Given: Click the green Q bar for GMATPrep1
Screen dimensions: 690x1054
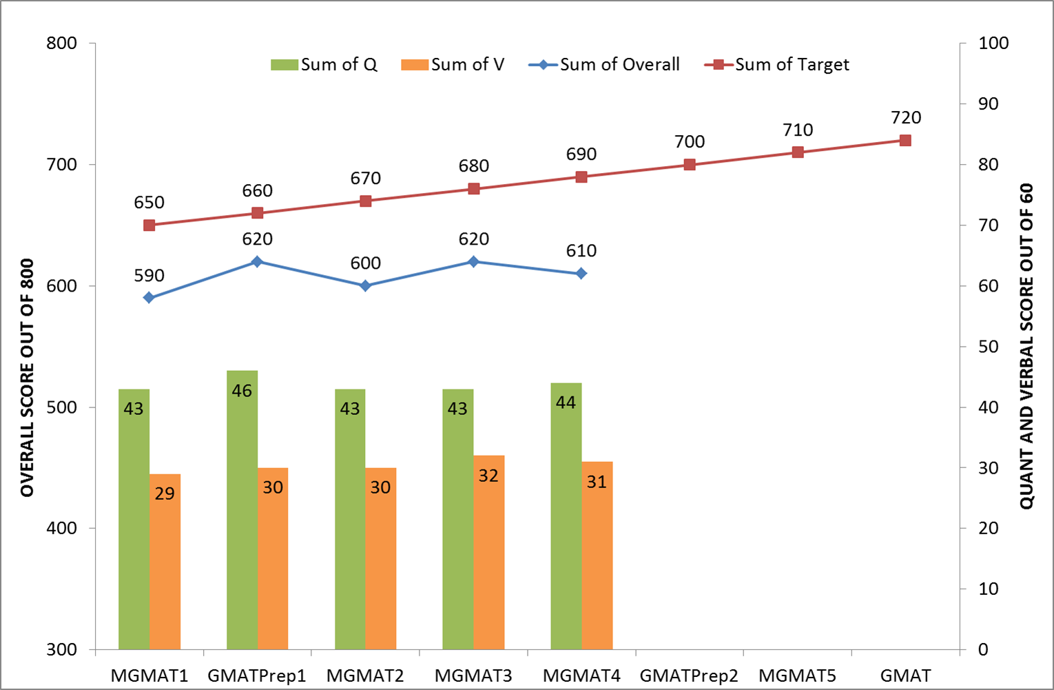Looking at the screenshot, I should (242, 510).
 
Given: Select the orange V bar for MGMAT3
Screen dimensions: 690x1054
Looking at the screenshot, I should (488, 552).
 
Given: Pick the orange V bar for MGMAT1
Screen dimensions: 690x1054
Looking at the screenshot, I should (165, 561).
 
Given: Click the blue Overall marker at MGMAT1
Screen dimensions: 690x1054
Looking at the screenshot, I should (149, 298).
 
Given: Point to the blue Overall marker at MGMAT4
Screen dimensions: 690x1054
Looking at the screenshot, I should (581, 274).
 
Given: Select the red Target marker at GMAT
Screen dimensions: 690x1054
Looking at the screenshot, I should (905, 141).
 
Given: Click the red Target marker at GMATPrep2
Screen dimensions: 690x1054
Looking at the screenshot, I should (690, 165).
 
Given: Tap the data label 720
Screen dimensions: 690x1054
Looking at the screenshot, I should (905, 118).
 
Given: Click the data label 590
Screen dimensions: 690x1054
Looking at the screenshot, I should (149, 276).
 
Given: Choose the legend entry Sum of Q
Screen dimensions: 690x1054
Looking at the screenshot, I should (324, 65).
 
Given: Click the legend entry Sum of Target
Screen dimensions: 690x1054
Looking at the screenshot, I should (777, 65).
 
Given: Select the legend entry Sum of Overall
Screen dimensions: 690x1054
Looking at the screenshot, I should (605, 65).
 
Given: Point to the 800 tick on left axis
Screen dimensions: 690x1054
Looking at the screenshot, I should (61, 43).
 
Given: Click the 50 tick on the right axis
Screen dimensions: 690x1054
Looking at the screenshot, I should (988, 347).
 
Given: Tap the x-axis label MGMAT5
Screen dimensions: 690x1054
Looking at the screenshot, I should (798, 676).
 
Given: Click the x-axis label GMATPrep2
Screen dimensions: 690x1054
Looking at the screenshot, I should (689, 676).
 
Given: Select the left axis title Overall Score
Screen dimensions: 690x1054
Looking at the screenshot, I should (27, 378).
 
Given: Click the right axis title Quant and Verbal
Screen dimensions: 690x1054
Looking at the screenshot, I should (1026, 346).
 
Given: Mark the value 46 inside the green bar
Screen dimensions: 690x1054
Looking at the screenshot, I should (242, 391).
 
